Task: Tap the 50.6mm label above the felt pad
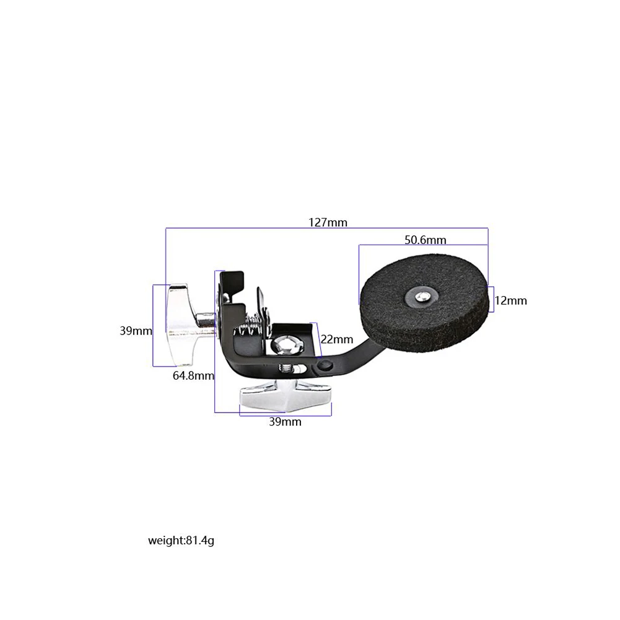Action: [x=426, y=239]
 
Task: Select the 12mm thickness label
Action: [x=511, y=301]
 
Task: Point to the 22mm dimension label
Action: [x=337, y=339]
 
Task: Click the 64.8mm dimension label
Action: [x=193, y=375]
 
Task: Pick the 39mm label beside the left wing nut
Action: [x=136, y=331]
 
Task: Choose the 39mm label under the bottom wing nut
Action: [x=286, y=422]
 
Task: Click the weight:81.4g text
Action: [x=181, y=541]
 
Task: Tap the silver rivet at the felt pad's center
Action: [x=422, y=296]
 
